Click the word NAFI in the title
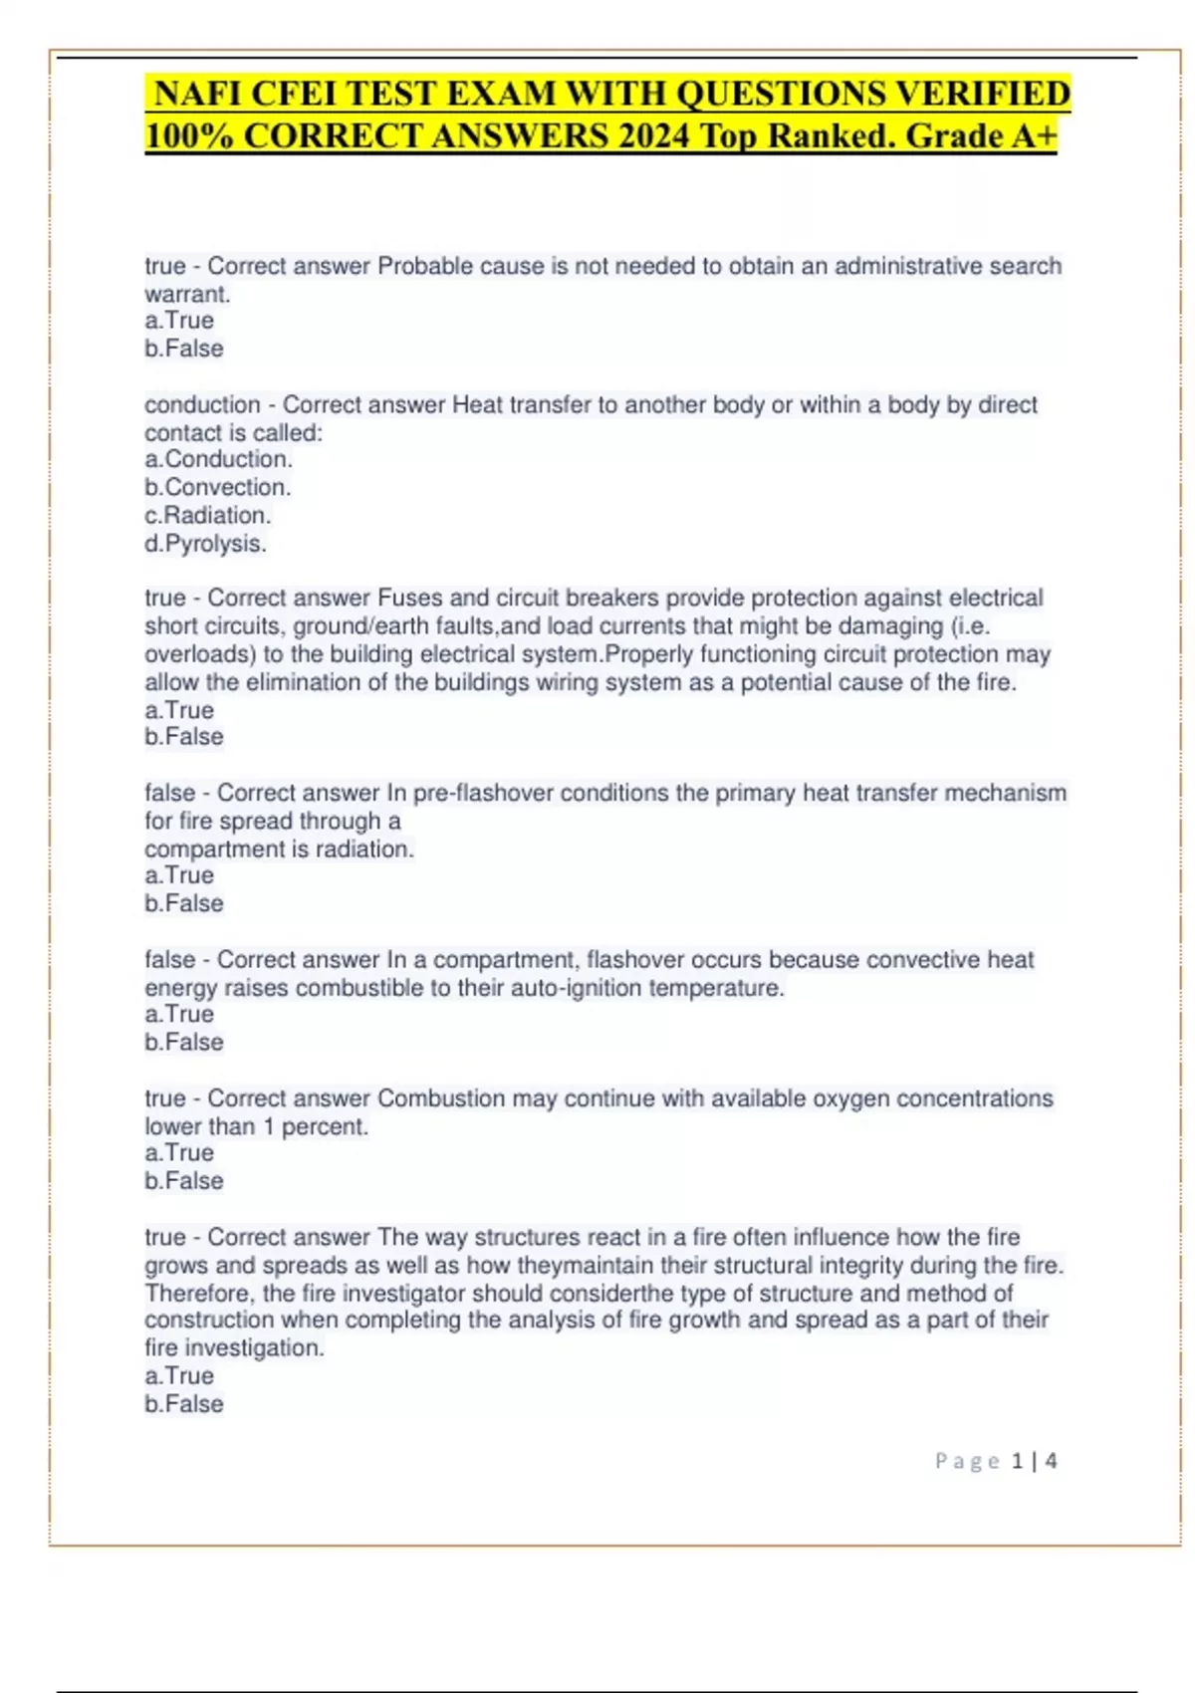(x=197, y=94)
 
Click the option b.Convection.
(x=217, y=487)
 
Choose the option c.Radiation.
(x=207, y=515)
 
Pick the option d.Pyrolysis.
(x=205, y=544)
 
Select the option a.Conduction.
(x=218, y=459)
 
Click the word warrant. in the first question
(x=187, y=294)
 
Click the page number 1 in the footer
(x=1017, y=1461)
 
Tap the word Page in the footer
(x=967, y=1461)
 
